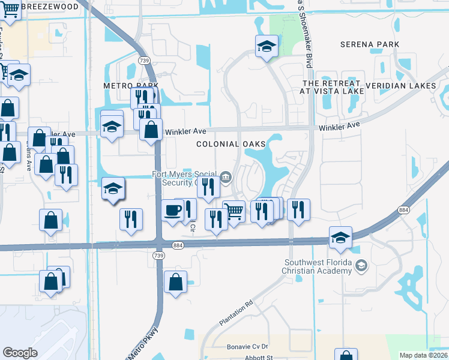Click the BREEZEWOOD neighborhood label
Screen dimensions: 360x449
50,7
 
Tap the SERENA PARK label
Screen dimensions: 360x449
365,44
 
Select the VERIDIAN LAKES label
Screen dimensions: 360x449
400,86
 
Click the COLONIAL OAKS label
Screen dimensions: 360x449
231,144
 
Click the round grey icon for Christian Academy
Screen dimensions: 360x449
361,265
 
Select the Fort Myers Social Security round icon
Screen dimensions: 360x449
226,176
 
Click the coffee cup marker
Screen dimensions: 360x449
173,210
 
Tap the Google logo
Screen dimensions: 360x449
20,353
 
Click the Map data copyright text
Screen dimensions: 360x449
424,355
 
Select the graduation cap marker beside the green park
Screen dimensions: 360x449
266,46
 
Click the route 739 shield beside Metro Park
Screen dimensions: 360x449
144,61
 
